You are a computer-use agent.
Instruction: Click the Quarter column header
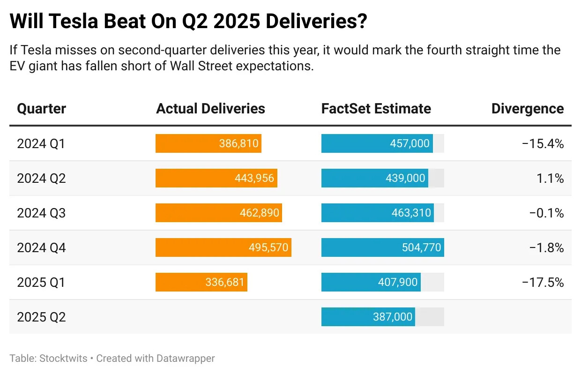coord(42,109)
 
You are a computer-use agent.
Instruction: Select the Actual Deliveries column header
coord(210,109)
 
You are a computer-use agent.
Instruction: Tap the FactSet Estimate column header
coord(376,109)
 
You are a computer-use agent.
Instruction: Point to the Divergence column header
coord(528,109)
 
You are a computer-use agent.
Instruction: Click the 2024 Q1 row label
coord(41,143)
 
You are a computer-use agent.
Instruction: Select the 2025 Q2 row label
coord(41,317)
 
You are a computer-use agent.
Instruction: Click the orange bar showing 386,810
coord(208,143)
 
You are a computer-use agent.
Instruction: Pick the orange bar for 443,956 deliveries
coord(216,178)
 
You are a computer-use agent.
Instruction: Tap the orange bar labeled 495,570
coord(223,247)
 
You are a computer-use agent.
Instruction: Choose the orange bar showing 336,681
coord(201,282)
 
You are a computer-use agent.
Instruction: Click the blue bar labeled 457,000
coord(377,143)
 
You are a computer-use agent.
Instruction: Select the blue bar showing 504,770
coord(382,247)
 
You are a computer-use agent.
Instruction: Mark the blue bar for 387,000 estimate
coord(368,317)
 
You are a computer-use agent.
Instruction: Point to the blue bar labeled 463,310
coord(377,213)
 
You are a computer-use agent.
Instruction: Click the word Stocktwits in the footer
coord(63,359)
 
